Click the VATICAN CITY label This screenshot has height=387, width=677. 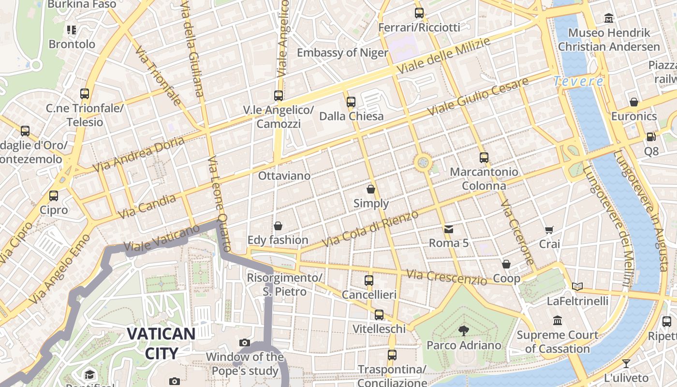161,343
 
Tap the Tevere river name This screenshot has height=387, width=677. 579,81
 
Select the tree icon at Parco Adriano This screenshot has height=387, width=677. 464,331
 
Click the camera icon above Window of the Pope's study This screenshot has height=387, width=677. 245,342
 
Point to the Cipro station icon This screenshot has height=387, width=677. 54,196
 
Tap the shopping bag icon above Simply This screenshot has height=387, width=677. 371,189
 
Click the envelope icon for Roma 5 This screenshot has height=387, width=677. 449,228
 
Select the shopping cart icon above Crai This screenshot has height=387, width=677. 549,230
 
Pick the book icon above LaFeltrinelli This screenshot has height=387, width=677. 577,286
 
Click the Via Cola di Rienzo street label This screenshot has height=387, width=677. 370,229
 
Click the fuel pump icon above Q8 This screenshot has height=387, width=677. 651,137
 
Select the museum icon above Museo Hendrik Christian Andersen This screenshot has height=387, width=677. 609,18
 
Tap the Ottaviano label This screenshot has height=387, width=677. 284,176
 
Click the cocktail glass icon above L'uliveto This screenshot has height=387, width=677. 626,363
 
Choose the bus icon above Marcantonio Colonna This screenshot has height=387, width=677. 484,157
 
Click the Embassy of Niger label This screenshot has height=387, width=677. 342,52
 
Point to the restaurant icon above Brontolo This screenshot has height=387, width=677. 72,30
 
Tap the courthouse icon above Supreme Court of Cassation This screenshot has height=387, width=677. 558,320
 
